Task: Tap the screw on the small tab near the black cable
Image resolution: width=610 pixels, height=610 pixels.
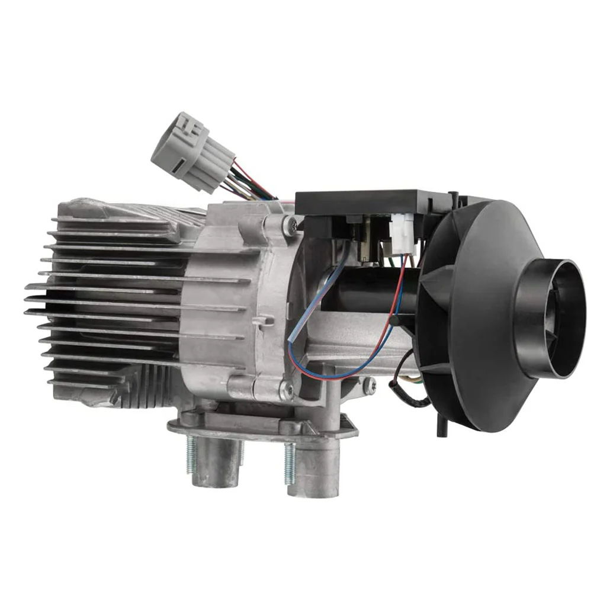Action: coord(369,386)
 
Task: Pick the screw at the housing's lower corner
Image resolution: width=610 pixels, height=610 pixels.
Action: coord(287,389)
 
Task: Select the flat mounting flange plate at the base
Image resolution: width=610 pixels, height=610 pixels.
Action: coord(261,428)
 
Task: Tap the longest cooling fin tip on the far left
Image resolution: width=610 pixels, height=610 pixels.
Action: coord(28,287)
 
